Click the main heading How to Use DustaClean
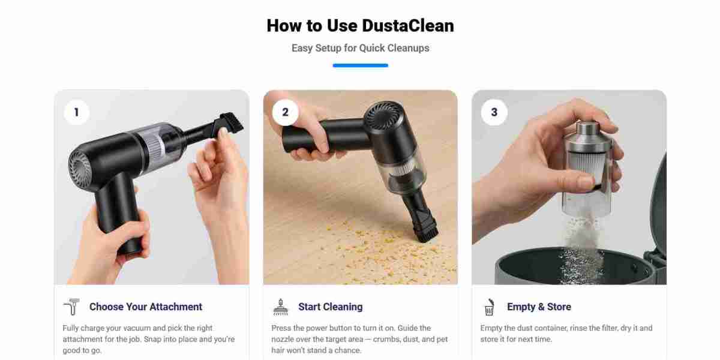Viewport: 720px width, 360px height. [x=360, y=26]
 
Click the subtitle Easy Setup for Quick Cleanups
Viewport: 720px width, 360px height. [x=360, y=48]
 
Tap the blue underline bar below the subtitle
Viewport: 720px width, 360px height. [x=360, y=65]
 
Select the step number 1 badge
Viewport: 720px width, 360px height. [x=76, y=112]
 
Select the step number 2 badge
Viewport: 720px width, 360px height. [x=285, y=112]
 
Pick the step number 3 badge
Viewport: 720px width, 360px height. [x=494, y=112]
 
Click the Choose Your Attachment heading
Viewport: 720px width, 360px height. [x=146, y=307]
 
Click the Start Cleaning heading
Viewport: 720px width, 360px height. [x=330, y=307]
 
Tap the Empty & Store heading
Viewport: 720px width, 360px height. [x=539, y=307]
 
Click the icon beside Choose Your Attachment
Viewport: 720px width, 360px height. [x=71, y=307]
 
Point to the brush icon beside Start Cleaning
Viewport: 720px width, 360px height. [x=280, y=307]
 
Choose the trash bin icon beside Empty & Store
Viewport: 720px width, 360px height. [x=489, y=307]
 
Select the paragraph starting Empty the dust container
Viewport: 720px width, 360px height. [x=566, y=334]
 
